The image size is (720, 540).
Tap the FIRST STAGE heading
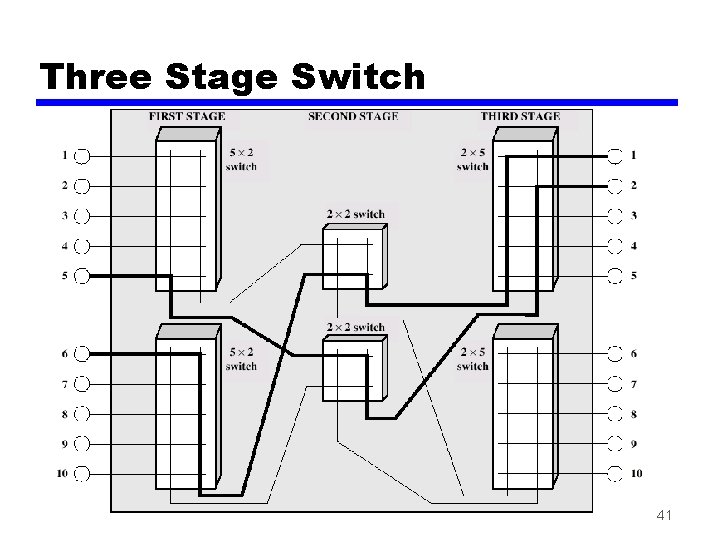tap(186, 117)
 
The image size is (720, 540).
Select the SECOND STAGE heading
tap(353, 117)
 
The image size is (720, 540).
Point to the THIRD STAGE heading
tap(520, 117)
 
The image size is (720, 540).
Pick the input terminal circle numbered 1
tap(82, 155)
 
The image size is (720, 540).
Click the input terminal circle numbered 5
tap(82, 275)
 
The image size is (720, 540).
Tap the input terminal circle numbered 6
tap(82, 353)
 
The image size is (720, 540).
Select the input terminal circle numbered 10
tap(82, 473)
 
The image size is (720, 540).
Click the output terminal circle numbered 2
tap(615, 185)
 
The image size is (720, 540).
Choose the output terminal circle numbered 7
tap(615, 384)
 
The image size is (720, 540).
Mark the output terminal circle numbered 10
tap(615, 473)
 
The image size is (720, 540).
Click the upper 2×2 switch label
tap(355, 214)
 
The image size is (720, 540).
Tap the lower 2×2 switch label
tap(355, 327)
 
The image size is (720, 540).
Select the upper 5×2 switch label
tap(241, 159)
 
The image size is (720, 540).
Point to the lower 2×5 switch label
tap(473, 359)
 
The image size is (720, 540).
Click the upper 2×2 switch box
tap(352, 258)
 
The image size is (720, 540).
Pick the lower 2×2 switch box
tap(352, 370)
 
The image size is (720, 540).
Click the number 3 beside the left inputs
tap(64, 215)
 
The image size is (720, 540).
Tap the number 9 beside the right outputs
tap(634, 443)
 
